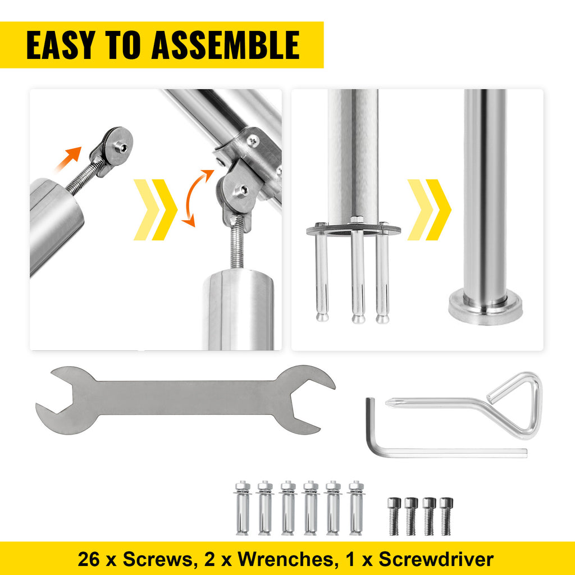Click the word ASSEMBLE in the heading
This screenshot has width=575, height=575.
click(x=225, y=45)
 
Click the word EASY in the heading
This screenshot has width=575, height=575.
click(x=60, y=45)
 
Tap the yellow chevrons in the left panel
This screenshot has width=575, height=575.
click(x=155, y=209)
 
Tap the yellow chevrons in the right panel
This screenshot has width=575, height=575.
click(x=429, y=209)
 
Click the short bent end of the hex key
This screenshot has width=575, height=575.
click(x=370, y=424)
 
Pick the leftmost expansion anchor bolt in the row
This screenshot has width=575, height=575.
click(x=243, y=508)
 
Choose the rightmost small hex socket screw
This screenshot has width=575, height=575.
click(x=446, y=515)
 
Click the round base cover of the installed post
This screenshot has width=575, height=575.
click(x=485, y=309)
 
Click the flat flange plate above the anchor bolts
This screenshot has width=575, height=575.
click(x=353, y=229)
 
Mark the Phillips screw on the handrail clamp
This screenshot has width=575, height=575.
click(x=253, y=139)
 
